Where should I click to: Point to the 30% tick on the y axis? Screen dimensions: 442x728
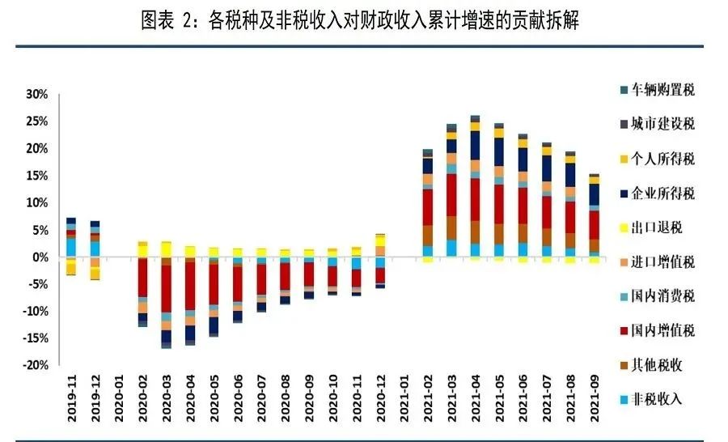[x=37, y=94]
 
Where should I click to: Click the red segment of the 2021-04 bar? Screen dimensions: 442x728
[x=475, y=199]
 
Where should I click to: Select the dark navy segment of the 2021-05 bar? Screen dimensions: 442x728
[x=499, y=151]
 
